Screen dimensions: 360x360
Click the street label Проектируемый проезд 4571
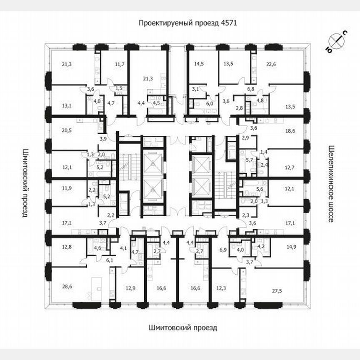coord(187,23)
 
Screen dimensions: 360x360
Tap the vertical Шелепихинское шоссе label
coord(332,184)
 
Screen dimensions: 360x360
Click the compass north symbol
coord(337,41)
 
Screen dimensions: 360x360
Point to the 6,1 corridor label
coord(110,260)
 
